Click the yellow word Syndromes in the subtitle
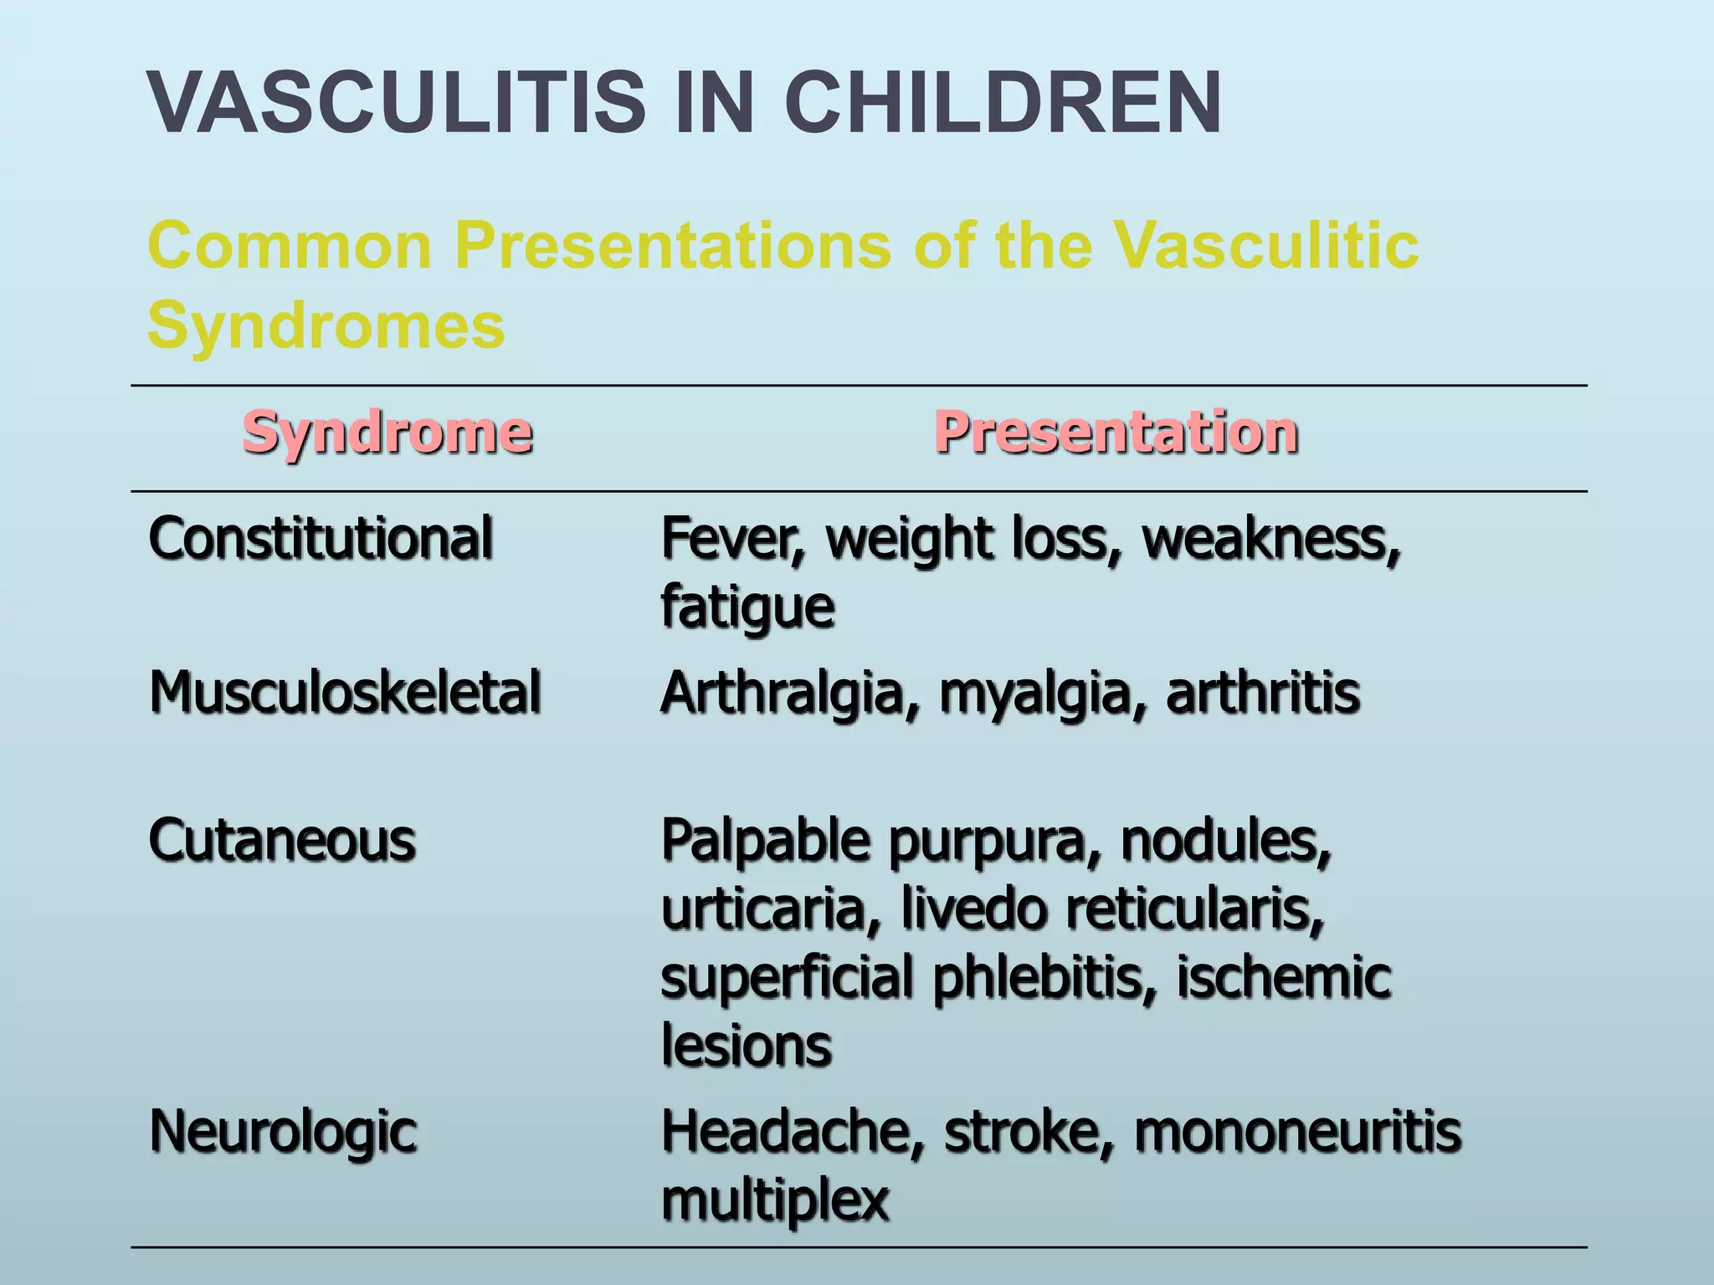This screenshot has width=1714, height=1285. (326, 325)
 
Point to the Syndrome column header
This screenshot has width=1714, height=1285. (387, 433)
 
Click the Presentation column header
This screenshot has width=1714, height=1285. (1116, 433)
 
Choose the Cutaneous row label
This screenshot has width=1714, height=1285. (282, 840)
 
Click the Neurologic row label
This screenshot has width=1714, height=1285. (283, 1132)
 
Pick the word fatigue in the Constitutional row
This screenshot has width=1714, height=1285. (747, 607)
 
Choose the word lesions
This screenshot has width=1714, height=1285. (747, 1046)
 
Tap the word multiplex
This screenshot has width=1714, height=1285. (775, 1201)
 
